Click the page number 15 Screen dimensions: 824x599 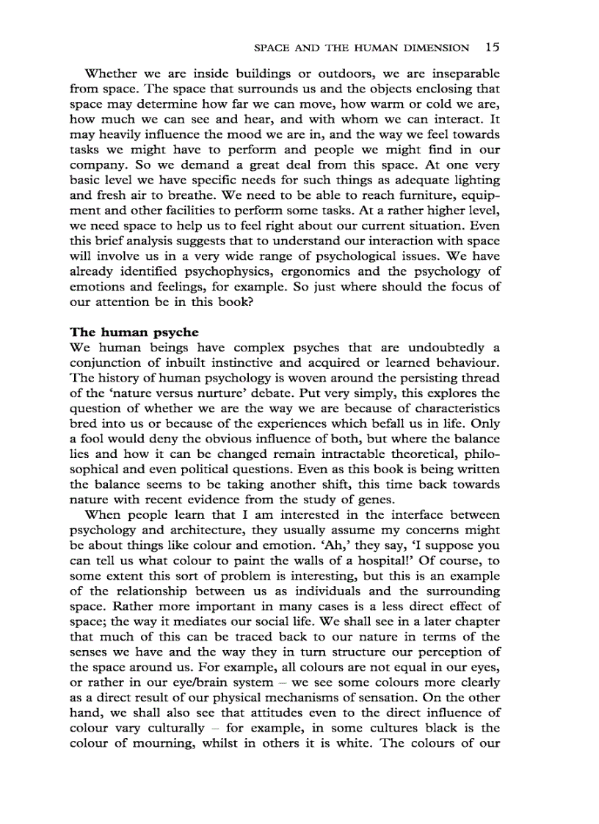tap(492, 48)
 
